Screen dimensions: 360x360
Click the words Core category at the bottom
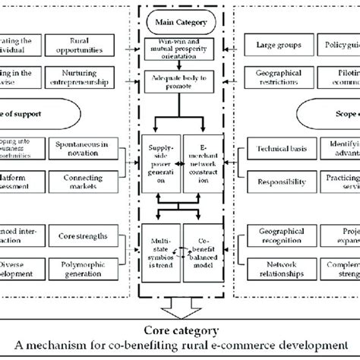(x=180, y=330)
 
